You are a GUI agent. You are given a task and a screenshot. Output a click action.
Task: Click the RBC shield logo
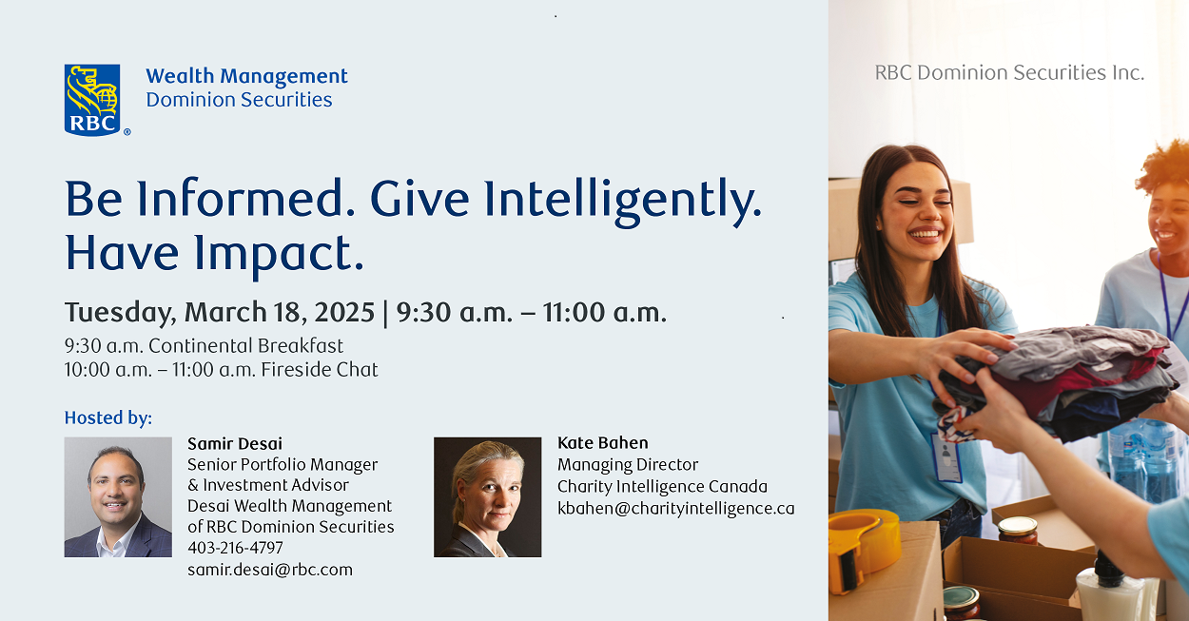[x=92, y=100]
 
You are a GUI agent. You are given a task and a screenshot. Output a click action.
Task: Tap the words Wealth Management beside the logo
[x=246, y=76]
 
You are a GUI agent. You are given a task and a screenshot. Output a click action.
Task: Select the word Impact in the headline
[x=279, y=255]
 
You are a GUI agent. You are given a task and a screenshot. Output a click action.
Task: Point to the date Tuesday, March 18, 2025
[x=220, y=312]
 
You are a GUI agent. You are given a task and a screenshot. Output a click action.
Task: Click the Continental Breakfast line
[x=204, y=346]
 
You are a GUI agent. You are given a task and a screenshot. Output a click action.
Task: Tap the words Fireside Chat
[x=320, y=369]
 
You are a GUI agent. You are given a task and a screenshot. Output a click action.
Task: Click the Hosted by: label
[x=108, y=418]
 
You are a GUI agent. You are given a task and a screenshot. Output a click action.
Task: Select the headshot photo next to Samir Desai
[x=118, y=496]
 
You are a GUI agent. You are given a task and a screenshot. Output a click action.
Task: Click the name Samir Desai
[x=235, y=444]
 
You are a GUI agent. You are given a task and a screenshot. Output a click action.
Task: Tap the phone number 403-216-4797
[x=235, y=547]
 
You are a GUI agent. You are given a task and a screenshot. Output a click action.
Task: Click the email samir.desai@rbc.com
[x=270, y=570]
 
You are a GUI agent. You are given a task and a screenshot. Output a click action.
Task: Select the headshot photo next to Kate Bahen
[x=487, y=496]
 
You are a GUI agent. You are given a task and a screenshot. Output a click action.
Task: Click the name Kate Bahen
[x=602, y=442]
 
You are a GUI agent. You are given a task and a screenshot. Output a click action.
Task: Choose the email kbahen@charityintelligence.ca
[x=675, y=509]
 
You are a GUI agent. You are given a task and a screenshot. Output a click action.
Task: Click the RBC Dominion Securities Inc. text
[x=1009, y=72]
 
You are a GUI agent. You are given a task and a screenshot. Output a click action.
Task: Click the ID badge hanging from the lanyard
[x=945, y=457]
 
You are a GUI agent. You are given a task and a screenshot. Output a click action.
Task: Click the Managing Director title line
[x=628, y=465]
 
